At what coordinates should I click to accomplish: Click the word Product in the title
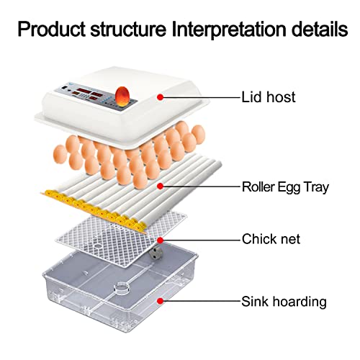pos(51,30)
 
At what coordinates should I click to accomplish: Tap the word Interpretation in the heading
pos(229,30)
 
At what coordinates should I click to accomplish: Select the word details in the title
pos(320,30)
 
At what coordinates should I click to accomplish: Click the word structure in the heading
pos(128,30)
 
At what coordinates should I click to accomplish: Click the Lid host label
pos(269,97)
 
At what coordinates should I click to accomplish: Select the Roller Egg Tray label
pos(285,187)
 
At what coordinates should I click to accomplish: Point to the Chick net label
pos(271,239)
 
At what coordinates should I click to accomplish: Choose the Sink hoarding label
pos(284,302)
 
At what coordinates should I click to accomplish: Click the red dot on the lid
pos(161,97)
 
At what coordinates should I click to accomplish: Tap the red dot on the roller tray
pos(161,186)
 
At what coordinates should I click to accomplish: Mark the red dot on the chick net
pos(161,240)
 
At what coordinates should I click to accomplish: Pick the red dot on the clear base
pos(161,301)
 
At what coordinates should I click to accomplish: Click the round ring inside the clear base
pos(122,287)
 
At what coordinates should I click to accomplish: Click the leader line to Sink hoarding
pos(200,301)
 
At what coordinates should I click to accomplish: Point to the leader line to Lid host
pos(200,97)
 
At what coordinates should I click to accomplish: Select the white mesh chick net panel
pos(121,239)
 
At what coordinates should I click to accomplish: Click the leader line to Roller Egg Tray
pos(200,186)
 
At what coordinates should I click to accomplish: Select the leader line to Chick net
pos(200,240)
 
